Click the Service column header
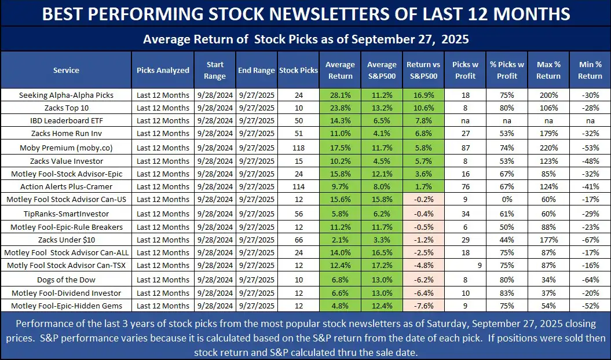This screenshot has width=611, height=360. click(x=66, y=70)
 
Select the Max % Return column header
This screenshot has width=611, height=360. click(x=548, y=70)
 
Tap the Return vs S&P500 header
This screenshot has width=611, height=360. click(x=423, y=70)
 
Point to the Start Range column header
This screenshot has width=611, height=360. click(x=215, y=70)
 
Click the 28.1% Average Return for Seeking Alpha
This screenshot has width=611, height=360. click(x=339, y=95)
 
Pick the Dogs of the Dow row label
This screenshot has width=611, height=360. click(x=66, y=279)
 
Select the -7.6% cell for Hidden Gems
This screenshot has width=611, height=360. click(x=423, y=306)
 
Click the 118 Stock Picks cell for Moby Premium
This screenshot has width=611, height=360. click(x=298, y=148)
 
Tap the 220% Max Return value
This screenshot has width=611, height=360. click(x=548, y=148)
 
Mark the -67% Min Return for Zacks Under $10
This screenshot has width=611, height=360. click(x=590, y=240)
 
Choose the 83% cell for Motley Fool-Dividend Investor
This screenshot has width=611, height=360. click(x=506, y=292)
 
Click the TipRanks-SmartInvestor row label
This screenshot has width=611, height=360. click(x=66, y=213)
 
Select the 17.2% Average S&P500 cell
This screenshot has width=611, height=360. click(x=382, y=266)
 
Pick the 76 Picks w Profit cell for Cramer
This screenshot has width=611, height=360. click(x=465, y=187)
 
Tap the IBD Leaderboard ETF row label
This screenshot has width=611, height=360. click(x=66, y=121)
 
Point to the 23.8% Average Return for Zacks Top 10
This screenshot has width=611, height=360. click(x=339, y=108)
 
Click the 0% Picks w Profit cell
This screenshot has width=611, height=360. click(x=506, y=200)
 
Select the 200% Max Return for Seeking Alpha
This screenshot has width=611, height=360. click(x=548, y=95)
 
